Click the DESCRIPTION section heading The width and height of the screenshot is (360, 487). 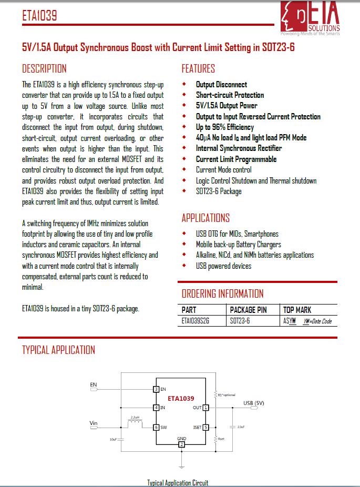[x=44, y=69]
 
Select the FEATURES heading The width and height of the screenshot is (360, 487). [x=198, y=69]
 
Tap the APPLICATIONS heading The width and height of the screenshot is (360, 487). [x=205, y=218]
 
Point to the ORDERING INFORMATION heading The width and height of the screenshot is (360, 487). [x=222, y=293]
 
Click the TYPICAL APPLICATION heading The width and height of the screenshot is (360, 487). [x=58, y=350]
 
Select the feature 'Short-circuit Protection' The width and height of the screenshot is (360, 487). [x=230, y=95]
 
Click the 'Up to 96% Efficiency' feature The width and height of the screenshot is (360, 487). [x=224, y=127]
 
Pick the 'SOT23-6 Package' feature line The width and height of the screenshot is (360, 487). [x=219, y=191]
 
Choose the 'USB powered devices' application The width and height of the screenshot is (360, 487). [x=223, y=266]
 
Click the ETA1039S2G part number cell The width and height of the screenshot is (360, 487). [x=195, y=321]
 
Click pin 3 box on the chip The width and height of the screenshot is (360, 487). [x=156, y=389]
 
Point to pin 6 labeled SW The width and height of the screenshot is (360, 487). [x=156, y=428]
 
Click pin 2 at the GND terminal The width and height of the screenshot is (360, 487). [x=181, y=445]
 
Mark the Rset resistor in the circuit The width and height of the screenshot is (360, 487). [x=215, y=438]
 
